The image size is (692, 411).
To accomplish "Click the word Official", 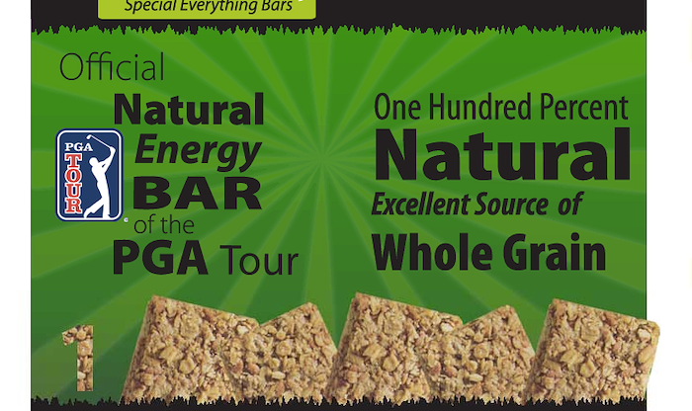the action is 112,66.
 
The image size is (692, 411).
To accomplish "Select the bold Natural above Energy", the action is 189,109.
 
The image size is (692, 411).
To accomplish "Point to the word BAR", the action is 197,194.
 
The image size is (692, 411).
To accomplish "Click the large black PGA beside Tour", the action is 160,258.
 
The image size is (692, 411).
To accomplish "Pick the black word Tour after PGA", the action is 259,260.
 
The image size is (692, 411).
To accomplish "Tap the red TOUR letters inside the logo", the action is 73,184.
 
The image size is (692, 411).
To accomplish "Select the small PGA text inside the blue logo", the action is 78,147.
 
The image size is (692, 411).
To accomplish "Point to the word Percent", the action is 583,107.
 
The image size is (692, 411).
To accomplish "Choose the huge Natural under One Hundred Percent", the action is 502,154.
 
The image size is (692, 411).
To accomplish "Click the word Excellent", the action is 420,205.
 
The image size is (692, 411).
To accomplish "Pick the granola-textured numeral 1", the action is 79,358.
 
